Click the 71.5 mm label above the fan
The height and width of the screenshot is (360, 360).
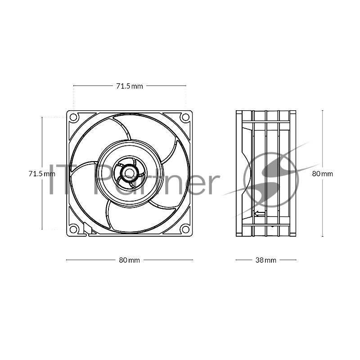pyautogui.click(x=129, y=86)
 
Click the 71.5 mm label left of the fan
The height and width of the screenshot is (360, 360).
pyautogui.click(x=38, y=173)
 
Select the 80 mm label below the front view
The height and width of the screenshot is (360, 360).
pyautogui.click(x=129, y=260)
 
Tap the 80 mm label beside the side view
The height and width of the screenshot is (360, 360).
pyautogui.click(x=323, y=174)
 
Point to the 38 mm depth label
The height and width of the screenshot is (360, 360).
pyautogui.click(x=265, y=260)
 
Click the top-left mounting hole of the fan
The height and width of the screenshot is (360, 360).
pyautogui.click(x=74, y=117)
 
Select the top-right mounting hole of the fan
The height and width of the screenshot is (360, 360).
pyautogui.click(x=185, y=117)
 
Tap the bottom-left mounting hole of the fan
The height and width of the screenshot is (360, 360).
pyautogui.click(x=74, y=229)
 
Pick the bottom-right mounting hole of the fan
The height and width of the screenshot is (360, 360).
pyautogui.click(x=185, y=229)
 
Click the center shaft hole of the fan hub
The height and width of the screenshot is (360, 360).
pyautogui.click(x=130, y=173)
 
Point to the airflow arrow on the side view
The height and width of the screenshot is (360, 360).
pyautogui.click(x=259, y=214)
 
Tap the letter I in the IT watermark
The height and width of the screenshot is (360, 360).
pyautogui.click(x=51, y=179)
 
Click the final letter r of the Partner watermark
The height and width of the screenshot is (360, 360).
pyautogui.click(x=213, y=182)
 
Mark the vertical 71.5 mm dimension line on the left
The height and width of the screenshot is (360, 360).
pyautogui.click(x=42, y=202)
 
